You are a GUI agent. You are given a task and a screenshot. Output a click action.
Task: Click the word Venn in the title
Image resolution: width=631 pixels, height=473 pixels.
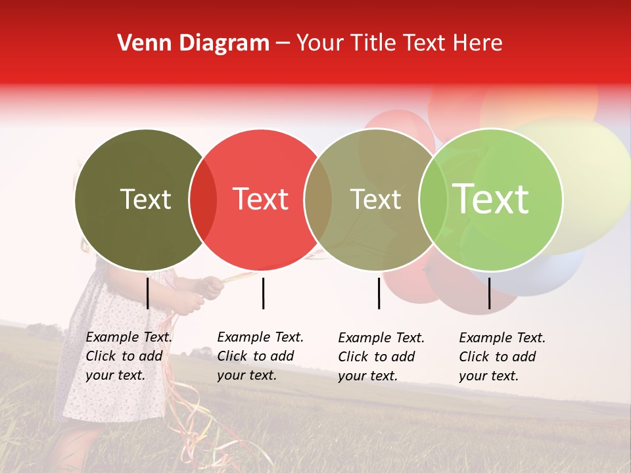pos(139,43)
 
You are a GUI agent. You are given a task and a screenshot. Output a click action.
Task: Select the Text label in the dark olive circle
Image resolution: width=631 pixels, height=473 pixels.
pos(145,199)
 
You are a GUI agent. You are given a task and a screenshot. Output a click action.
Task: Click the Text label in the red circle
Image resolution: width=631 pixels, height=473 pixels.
pos(260,199)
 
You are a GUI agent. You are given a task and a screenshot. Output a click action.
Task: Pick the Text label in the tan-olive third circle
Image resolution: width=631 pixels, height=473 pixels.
pos(375,199)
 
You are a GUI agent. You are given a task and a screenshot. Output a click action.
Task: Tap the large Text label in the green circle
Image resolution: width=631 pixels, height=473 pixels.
pos(490,199)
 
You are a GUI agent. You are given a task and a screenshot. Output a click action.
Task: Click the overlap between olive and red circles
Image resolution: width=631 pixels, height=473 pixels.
pos(203,200)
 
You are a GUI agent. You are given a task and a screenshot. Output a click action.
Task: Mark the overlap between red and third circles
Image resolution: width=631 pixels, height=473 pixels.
pos(318,200)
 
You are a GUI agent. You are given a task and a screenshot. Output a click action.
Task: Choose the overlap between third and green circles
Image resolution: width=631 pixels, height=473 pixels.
pos(432,200)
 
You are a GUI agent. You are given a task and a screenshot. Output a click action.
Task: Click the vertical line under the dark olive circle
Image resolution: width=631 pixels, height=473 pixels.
pos(148,293)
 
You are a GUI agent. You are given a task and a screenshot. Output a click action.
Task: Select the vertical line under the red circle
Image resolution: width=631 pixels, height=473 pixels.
pos(263,293)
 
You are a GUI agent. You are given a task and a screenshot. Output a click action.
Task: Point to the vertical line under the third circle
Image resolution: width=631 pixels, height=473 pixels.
pos(379,293)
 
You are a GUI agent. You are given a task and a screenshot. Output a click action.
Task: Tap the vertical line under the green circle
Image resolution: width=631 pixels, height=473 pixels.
pos(489,293)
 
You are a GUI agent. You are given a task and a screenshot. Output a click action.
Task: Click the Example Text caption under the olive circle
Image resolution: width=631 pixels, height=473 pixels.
pos(129,356)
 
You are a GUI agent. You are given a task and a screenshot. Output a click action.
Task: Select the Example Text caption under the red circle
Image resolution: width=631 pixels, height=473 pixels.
pos(260,356)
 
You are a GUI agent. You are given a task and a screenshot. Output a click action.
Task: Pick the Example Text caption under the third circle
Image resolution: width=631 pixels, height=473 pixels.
pos(381,357)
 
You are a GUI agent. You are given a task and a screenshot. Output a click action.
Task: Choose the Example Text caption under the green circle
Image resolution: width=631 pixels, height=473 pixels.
pos(502,357)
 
